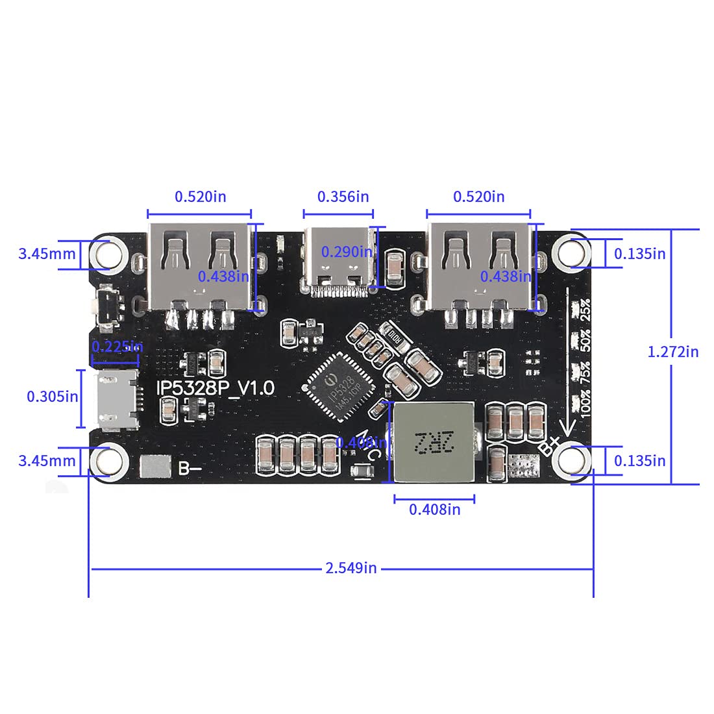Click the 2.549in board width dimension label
[x=351, y=568]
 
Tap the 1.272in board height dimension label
[x=673, y=352]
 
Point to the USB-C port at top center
[x=339, y=261]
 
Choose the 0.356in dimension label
[x=343, y=196]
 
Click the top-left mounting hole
[x=107, y=253]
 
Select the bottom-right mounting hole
[x=574, y=461]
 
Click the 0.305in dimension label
[x=53, y=396]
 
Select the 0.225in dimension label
[x=117, y=347]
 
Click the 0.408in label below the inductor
[x=434, y=510]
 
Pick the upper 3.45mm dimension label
[x=47, y=254]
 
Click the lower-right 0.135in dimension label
[x=639, y=461]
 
